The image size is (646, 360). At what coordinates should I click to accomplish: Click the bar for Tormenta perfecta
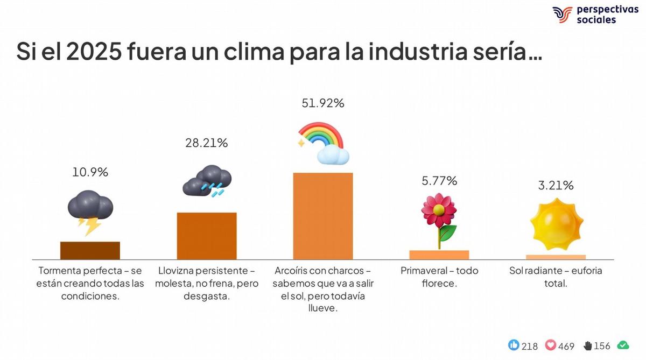click(90, 251)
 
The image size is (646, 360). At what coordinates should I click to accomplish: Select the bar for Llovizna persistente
click(207, 236)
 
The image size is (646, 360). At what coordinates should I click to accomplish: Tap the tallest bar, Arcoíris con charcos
click(322, 216)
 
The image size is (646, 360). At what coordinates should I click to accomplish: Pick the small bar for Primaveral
click(439, 255)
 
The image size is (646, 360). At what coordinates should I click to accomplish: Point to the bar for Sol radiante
click(556, 257)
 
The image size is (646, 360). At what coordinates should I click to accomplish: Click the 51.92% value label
click(322, 103)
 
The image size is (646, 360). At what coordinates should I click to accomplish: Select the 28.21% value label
click(207, 143)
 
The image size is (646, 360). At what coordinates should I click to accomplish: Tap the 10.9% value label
click(90, 172)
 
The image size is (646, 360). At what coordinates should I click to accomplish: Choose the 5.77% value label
click(439, 181)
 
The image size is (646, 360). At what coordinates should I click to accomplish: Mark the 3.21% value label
click(556, 186)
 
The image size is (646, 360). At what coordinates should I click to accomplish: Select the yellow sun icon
click(556, 223)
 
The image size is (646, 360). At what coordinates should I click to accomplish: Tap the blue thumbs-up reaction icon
click(514, 345)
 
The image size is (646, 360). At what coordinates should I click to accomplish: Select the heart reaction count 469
click(566, 346)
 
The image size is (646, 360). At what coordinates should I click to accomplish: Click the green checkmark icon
click(623, 345)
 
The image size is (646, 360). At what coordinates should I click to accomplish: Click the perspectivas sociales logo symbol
click(561, 15)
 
